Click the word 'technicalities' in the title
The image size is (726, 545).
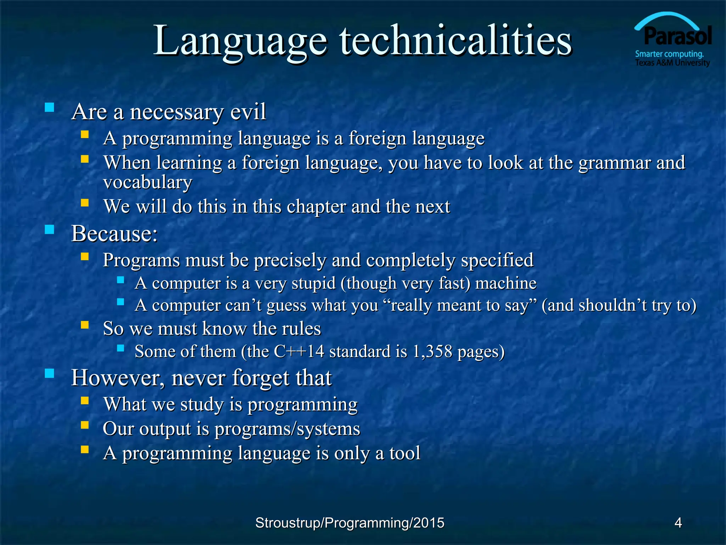click(456, 41)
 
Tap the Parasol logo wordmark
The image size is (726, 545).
click(677, 36)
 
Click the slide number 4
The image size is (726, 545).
click(678, 523)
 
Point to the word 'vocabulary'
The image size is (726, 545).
click(147, 182)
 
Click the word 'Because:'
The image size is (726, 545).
click(115, 234)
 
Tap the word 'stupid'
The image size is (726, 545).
click(313, 283)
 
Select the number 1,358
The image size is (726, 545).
click(432, 351)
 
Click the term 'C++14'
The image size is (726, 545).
click(299, 351)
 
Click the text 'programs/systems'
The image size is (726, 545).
click(287, 429)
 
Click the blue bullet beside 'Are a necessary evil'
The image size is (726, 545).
click(50, 107)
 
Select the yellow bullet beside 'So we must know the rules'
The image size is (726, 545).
click(84, 325)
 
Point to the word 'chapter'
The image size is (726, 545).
click(316, 207)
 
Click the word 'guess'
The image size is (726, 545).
click(286, 305)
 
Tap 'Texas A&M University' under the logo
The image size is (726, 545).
click(672, 63)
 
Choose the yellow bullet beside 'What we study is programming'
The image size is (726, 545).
click(84, 401)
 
